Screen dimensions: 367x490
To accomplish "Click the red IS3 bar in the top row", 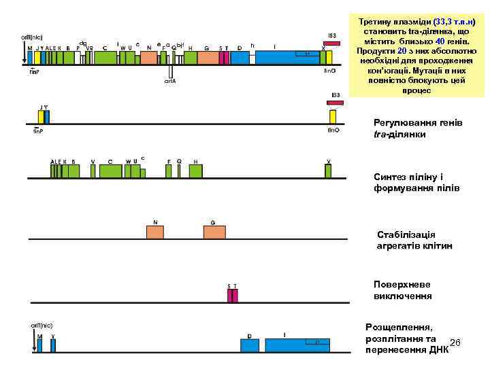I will coord(331,43).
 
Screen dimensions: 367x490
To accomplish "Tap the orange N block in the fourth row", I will coord(155,232).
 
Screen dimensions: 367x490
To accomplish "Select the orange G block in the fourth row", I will coord(214,232).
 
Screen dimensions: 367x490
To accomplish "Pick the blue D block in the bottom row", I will coord(249,345).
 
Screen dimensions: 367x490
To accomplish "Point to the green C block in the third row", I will coord(110,171).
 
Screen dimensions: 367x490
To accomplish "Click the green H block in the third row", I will coord(196,171).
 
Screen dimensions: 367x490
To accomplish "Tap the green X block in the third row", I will coord(328,171).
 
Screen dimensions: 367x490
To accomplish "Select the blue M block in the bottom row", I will coord(39,345).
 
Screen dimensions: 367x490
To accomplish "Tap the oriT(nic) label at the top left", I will coord(33,36).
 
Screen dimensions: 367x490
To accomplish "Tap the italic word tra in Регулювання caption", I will coord(381,134).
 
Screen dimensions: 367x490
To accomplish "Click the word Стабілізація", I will coord(406,234).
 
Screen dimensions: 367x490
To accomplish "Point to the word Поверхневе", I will coord(402,284).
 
